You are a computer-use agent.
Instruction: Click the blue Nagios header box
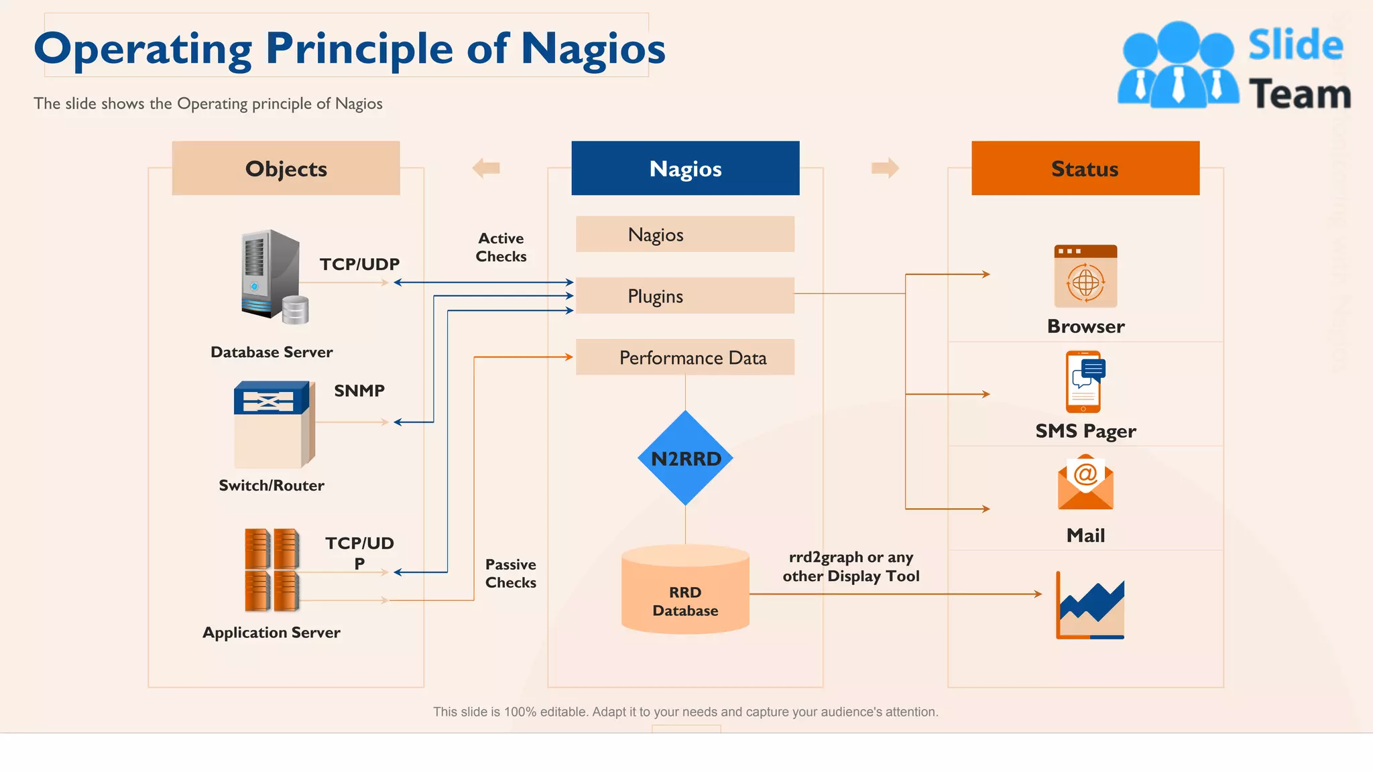tap(685, 168)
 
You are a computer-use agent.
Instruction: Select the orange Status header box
tap(1085, 168)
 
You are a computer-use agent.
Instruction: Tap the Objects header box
tap(286, 168)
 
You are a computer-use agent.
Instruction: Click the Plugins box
tap(684, 296)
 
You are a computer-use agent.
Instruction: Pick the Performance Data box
tap(684, 357)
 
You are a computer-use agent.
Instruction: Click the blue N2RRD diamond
tap(685, 458)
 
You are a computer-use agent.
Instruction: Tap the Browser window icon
tap(1085, 276)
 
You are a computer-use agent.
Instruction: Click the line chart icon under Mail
tap(1090, 606)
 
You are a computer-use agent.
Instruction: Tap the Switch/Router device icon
tap(274, 424)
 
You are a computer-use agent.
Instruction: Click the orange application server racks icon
tap(272, 570)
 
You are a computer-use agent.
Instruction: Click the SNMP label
tap(359, 391)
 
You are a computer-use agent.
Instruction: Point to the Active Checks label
tap(501, 247)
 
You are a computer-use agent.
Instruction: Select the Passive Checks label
tap(510, 574)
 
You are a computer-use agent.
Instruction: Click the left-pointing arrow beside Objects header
tap(486, 168)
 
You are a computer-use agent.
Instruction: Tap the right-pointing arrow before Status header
tap(885, 168)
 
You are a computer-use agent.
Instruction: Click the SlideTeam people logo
tap(1178, 66)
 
